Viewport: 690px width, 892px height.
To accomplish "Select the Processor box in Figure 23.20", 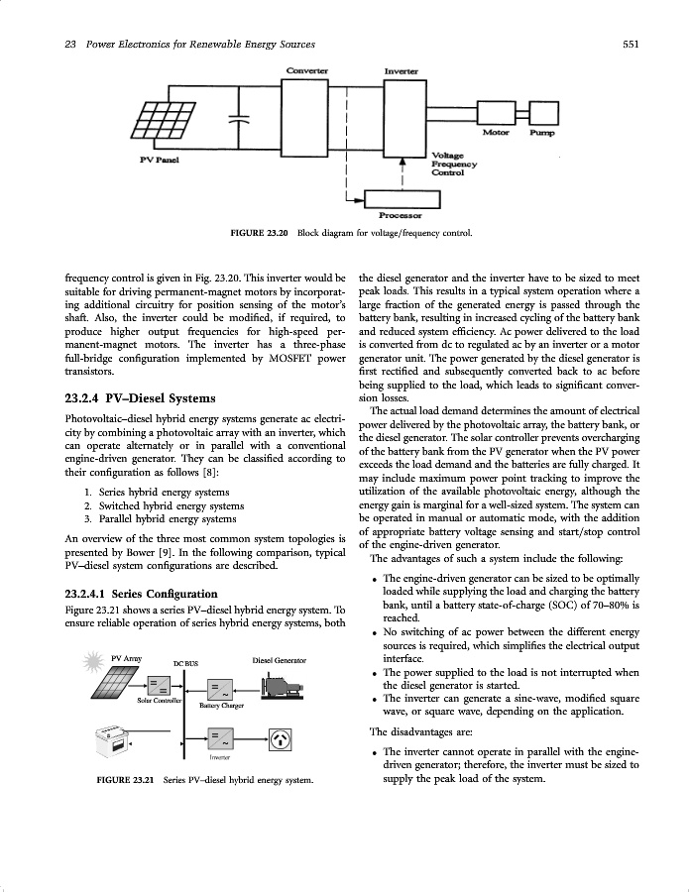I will [x=401, y=199].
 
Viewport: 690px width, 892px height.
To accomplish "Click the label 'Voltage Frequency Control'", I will [x=455, y=164].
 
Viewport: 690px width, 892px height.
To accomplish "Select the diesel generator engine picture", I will [x=281, y=685].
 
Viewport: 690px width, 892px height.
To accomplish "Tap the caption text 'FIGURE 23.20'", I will [x=258, y=234].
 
